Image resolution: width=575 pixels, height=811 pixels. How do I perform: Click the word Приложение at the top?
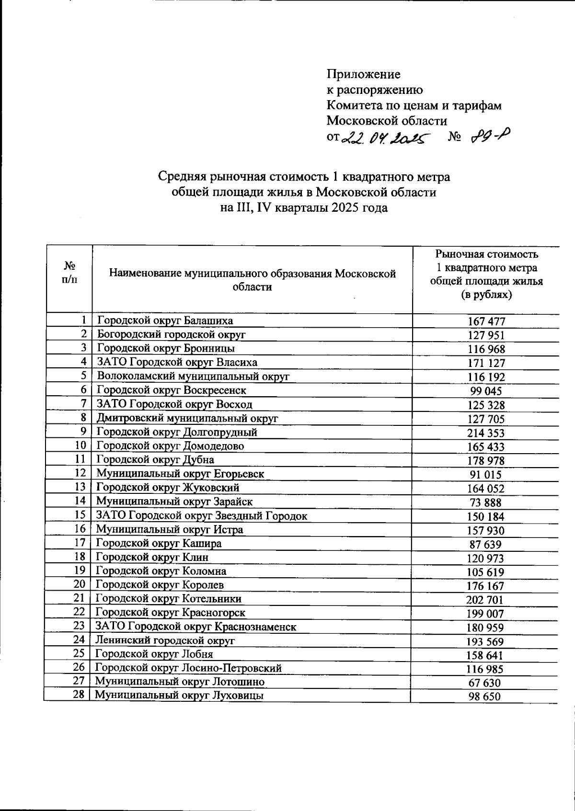[363, 74]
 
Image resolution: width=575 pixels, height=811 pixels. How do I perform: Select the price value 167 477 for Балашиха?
[486, 322]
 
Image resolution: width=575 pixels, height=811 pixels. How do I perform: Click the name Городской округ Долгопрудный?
[177, 432]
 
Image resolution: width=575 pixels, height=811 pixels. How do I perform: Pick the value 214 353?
[486, 433]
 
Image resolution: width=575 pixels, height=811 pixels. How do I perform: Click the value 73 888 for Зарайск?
[486, 503]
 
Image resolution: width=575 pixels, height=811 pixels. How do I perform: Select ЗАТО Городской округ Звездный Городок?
[201, 516]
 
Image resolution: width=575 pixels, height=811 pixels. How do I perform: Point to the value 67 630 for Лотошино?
[485, 683]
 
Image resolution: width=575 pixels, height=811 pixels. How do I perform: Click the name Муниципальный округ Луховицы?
[179, 696]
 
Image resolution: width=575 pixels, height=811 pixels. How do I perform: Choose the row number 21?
[79, 598]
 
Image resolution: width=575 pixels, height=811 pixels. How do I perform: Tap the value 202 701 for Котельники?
[485, 600]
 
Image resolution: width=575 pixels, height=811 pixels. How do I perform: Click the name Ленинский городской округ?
[165, 640]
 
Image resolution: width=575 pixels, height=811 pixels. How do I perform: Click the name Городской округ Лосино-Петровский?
[188, 668]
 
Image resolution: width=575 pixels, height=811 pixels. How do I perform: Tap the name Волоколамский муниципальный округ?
[193, 377]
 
